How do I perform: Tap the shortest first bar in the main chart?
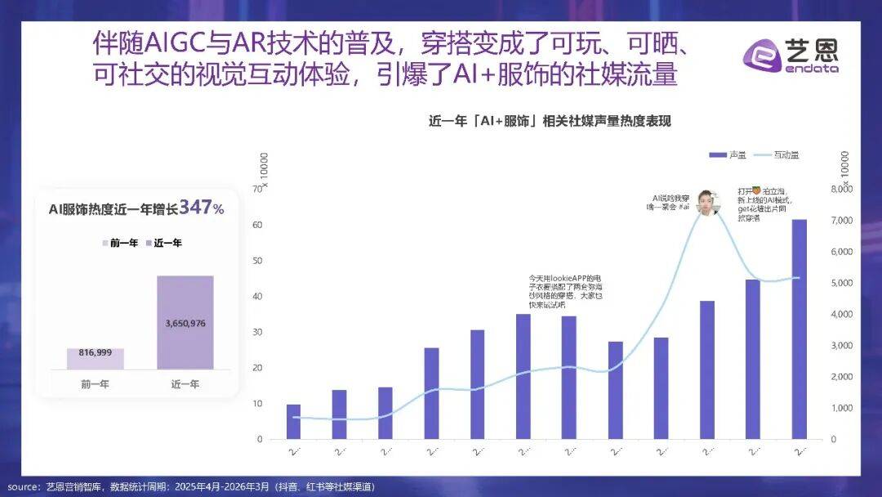(x=293, y=421)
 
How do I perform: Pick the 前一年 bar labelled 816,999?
(x=96, y=359)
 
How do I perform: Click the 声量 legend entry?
(x=727, y=154)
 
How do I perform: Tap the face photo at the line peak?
(x=707, y=200)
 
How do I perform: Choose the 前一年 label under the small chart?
(x=95, y=383)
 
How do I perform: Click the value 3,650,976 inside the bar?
(x=185, y=324)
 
